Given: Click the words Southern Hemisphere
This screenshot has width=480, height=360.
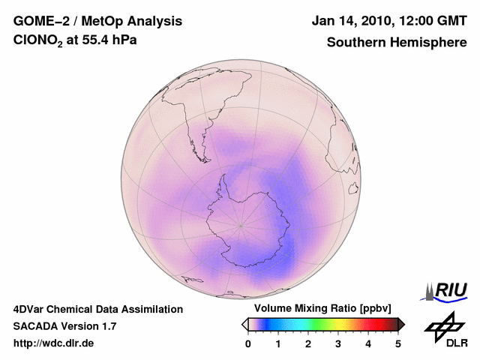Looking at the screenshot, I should (397, 43).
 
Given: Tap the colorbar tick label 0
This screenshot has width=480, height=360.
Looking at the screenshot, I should (248, 343).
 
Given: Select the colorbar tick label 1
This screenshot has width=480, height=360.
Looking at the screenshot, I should (278, 343).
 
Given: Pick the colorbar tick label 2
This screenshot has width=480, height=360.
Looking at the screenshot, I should (308, 343).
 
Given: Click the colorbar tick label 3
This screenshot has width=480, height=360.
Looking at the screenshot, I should (338, 343).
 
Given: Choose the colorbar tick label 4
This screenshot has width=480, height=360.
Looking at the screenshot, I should (368, 343).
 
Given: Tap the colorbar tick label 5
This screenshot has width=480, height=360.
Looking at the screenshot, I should (398, 343).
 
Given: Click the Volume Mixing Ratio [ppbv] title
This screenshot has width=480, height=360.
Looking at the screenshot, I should (319, 308).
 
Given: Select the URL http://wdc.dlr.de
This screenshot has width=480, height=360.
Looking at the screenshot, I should (54, 343).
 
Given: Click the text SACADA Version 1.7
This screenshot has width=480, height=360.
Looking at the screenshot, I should (64, 326).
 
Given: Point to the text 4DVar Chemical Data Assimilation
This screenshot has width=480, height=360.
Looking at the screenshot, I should (97, 309).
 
